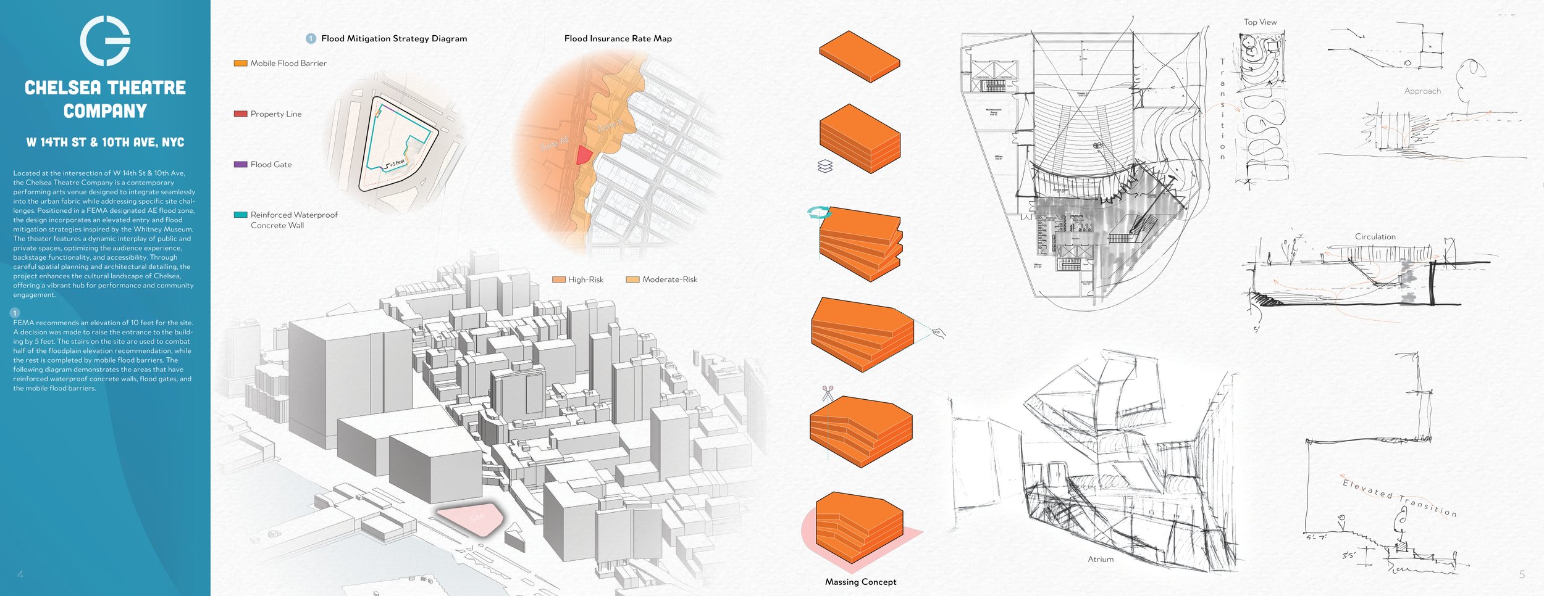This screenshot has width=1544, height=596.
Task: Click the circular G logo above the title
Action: (105, 41)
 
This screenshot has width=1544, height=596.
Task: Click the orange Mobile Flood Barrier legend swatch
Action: (240, 63)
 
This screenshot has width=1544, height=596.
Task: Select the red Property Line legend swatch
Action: (240, 114)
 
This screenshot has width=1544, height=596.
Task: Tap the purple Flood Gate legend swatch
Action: (240, 164)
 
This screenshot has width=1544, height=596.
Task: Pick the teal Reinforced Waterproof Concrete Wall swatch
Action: (240, 215)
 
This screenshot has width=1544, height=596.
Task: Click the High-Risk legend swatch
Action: (558, 279)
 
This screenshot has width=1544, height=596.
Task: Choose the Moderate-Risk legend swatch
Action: (632, 279)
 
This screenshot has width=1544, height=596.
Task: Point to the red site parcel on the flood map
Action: (583, 155)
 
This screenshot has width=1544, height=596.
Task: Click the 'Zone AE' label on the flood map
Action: (554, 143)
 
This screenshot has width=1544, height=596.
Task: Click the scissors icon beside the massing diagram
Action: (828, 393)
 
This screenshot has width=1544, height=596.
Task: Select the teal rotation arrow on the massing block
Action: (819, 213)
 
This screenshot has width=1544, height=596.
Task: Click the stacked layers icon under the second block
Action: (825, 166)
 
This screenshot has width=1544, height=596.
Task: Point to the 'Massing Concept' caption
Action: (860, 582)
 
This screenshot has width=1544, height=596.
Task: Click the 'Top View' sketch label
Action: (1260, 22)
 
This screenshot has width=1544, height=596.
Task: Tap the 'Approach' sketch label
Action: (1422, 91)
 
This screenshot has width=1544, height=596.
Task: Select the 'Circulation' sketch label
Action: (1375, 236)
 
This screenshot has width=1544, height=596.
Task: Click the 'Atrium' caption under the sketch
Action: (1101, 559)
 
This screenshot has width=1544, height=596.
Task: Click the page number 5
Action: (1522, 574)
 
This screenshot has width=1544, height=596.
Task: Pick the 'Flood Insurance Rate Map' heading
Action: (618, 38)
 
